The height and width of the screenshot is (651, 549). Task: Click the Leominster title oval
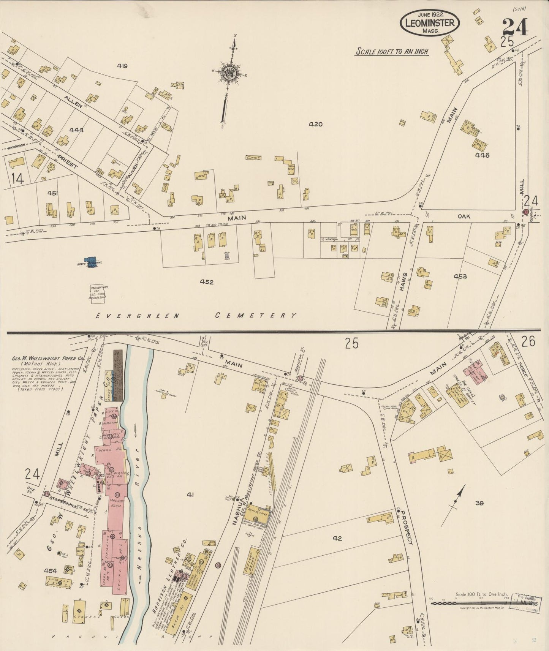click(x=429, y=23)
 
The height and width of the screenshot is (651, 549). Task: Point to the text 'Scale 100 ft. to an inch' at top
click(x=392, y=51)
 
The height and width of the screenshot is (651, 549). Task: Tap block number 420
click(x=315, y=124)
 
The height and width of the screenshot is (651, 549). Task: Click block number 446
click(x=482, y=155)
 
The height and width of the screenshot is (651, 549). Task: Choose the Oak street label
click(x=464, y=216)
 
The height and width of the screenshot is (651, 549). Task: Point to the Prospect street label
click(x=406, y=526)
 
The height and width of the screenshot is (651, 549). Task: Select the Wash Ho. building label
click(x=110, y=451)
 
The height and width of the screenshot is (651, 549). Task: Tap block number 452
click(x=207, y=282)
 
